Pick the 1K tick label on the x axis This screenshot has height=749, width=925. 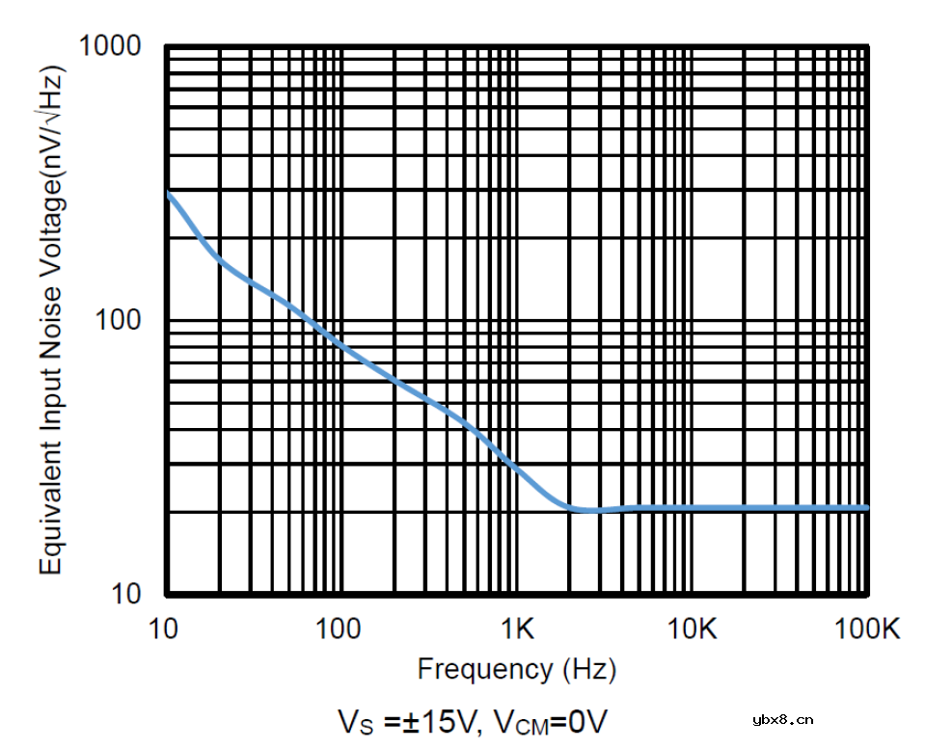518,629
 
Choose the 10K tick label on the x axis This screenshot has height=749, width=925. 693,629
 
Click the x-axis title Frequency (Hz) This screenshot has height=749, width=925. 516,668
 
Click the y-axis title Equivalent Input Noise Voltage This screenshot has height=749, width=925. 51,318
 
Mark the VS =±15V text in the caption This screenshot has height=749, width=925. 408,720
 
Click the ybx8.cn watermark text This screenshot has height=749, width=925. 782,718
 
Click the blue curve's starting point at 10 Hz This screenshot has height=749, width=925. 168,193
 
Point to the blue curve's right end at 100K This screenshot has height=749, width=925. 867,507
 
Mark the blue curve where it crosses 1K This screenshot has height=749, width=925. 517,471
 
